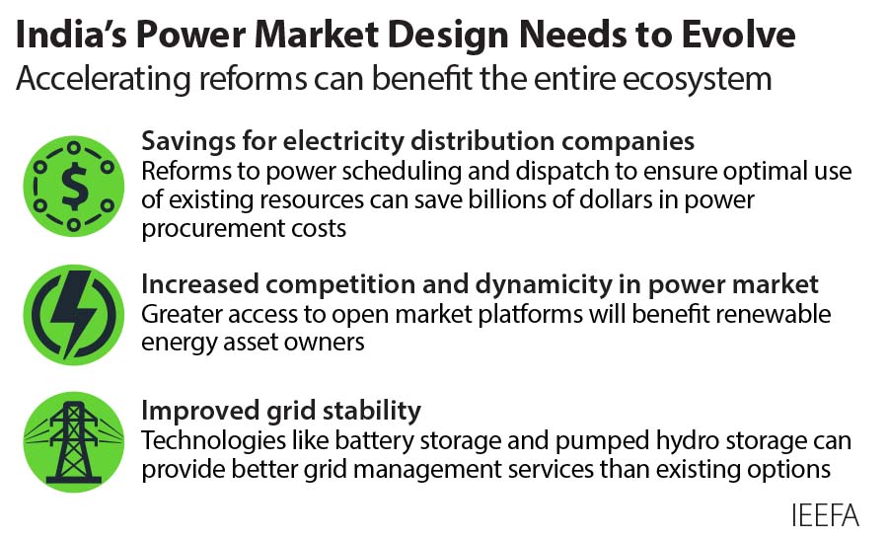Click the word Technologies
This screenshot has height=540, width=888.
[205, 441]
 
